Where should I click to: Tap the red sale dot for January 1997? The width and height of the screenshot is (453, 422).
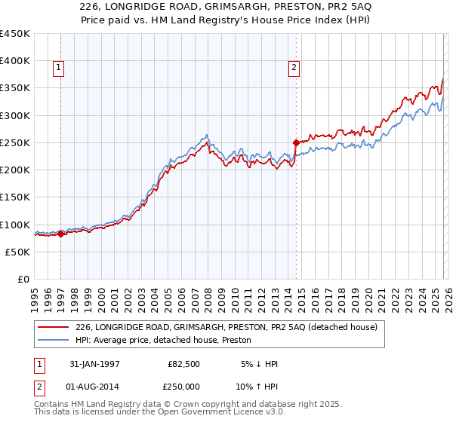pyautogui.click(x=61, y=234)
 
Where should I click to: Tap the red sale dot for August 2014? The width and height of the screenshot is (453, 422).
pyautogui.click(x=296, y=142)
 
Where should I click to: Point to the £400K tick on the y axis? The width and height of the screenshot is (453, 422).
pyautogui.click(x=15, y=61)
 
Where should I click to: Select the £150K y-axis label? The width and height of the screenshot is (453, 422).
pyautogui.click(x=15, y=197)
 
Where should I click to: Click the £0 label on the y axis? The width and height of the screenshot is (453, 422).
pyautogui.click(x=24, y=280)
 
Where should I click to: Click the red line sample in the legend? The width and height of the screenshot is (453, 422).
pyautogui.click(x=53, y=326)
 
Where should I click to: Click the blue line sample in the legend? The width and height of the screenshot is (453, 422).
pyautogui.click(x=53, y=340)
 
